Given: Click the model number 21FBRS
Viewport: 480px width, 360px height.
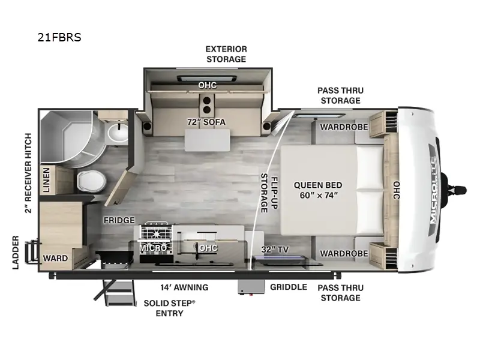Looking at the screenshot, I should click(x=59, y=37).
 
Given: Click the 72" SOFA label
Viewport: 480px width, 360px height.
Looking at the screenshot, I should click(x=206, y=122).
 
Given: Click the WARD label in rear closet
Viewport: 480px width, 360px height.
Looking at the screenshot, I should click(x=55, y=259).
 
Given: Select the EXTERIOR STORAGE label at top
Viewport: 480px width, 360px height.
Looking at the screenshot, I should click(x=226, y=54).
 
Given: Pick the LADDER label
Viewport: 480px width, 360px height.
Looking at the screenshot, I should click(x=16, y=252).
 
